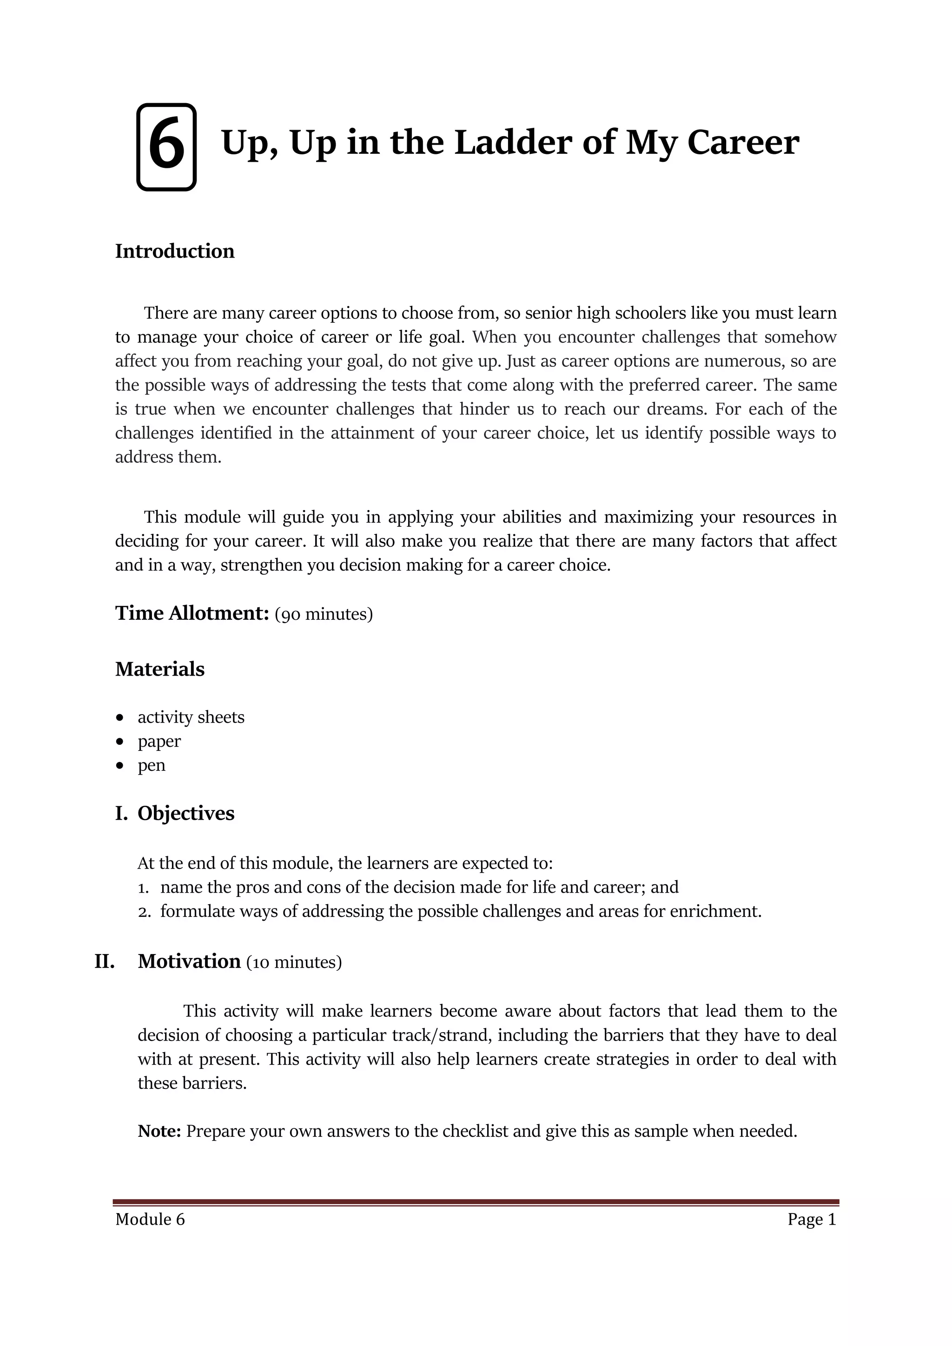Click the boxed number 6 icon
(x=166, y=146)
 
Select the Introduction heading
(x=175, y=251)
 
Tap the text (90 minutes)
(x=324, y=614)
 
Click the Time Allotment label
(x=192, y=613)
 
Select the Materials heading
(x=159, y=669)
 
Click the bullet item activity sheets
(x=191, y=717)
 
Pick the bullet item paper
(x=159, y=741)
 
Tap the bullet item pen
(x=151, y=765)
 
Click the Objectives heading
(x=186, y=813)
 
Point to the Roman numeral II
(x=104, y=961)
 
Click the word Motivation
(x=189, y=961)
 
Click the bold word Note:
(x=159, y=1131)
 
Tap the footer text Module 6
(x=150, y=1220)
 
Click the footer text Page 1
(x=811, y=1220)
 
